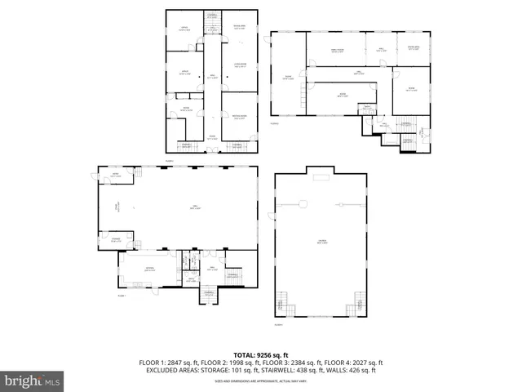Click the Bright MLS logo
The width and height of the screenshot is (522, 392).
click(33, 381)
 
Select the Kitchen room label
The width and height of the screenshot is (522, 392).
click(149, 268)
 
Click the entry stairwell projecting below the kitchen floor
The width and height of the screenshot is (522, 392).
click(209, 296)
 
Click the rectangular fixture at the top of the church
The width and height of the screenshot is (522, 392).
click(322, 176)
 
